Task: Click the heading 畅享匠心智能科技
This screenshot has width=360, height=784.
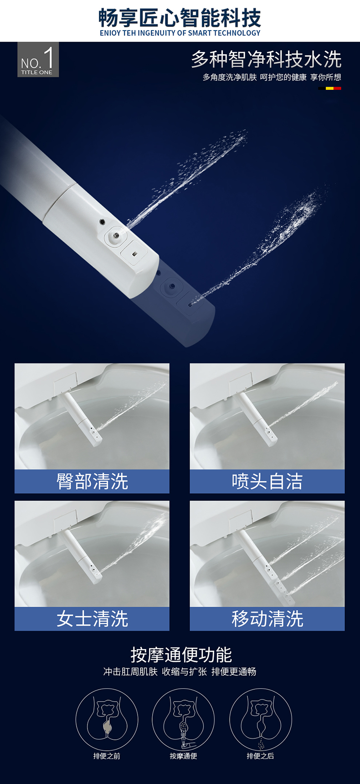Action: (180, 18)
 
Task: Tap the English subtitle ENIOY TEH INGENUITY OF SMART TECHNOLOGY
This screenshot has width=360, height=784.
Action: (180, 33)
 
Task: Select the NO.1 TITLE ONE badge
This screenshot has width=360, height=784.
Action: (38, 60)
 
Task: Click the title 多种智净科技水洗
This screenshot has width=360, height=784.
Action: (266, 59)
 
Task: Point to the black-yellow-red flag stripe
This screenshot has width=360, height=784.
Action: (329, 88)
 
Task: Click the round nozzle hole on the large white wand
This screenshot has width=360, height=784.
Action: (116, 236)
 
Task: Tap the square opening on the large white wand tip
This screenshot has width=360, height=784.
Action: (135, 253)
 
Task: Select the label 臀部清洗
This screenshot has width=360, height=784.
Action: (92, 481)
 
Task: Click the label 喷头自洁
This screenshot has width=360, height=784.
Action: (267, 481)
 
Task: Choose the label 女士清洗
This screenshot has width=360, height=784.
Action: (92, 619)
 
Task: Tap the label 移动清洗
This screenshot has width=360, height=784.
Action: (267, 619)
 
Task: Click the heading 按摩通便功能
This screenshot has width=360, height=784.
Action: (181, 655)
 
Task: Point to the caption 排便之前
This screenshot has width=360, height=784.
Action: (107, 756)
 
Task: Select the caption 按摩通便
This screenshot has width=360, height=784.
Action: (183, 756)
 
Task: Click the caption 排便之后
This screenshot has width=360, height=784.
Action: (260, 756)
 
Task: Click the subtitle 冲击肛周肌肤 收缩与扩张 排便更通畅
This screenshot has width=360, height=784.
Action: (180, 672)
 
